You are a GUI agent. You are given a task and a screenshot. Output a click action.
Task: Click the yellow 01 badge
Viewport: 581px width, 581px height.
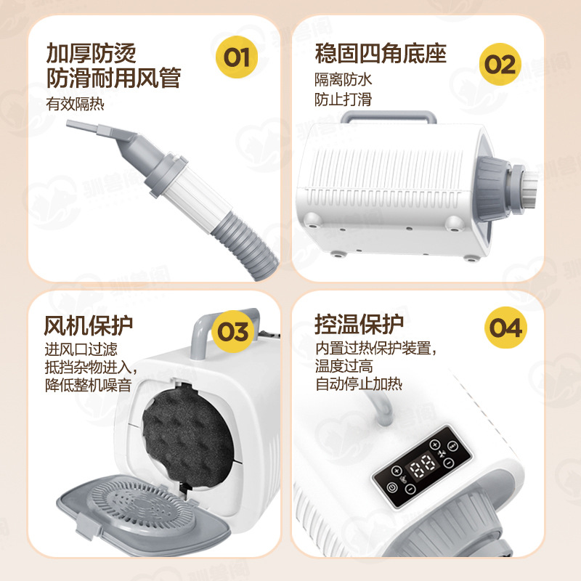237,57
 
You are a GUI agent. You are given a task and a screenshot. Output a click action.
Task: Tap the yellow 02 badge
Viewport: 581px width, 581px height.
500,64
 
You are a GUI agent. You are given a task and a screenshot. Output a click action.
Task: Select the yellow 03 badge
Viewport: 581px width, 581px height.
232,331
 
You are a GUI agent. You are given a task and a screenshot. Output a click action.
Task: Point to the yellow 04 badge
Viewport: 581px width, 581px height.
505,328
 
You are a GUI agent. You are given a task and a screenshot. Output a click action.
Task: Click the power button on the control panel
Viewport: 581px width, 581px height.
391,487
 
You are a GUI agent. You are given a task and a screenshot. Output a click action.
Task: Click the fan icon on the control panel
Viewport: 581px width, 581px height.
442,453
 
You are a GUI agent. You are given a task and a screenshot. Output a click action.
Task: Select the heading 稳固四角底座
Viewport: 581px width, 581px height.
381,53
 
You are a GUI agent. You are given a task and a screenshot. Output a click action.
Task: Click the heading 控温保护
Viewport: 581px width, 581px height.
359,325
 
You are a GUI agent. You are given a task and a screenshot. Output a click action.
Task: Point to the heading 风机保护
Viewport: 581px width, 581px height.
88,325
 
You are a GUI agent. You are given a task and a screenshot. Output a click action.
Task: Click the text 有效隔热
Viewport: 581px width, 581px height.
75,104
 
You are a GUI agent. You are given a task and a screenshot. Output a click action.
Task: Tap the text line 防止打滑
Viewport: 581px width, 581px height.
343,99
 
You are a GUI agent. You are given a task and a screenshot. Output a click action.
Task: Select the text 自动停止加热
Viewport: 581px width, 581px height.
359,384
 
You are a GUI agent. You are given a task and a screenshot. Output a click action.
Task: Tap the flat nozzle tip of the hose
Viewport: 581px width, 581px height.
82,126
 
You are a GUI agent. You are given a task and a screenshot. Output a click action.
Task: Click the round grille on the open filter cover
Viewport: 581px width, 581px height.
142,503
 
